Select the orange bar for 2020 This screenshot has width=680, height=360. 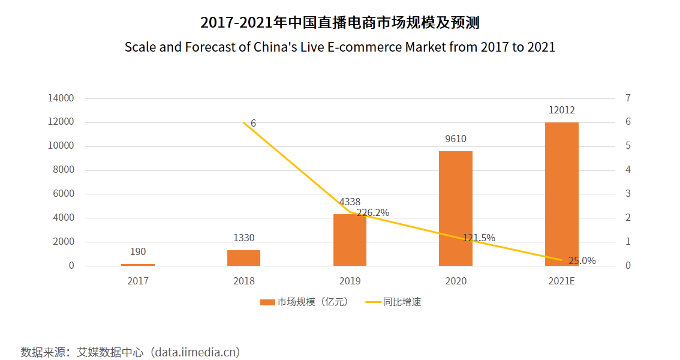click(456, 208)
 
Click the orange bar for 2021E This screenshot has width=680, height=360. click(562, 194)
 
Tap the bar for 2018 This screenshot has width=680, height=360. click(243, 258)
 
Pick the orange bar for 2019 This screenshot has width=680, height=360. click(350, 240)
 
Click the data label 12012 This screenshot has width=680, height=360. click(562, 110)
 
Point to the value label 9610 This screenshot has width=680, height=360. click(456, 139)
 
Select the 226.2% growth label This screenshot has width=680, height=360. click(373, 212)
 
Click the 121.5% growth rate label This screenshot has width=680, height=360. click(479, 238)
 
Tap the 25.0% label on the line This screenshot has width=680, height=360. click(582, 260)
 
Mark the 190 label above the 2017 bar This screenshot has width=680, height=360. click(138, 251)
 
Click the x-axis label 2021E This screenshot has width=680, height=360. click(562, 281)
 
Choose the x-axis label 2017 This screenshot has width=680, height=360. click(138, 281)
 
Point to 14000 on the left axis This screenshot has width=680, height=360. click(61, 98)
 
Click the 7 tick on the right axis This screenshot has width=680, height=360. click(628, 98)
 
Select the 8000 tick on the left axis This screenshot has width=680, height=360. click(63, 170)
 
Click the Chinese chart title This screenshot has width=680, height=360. click(339, 23)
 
